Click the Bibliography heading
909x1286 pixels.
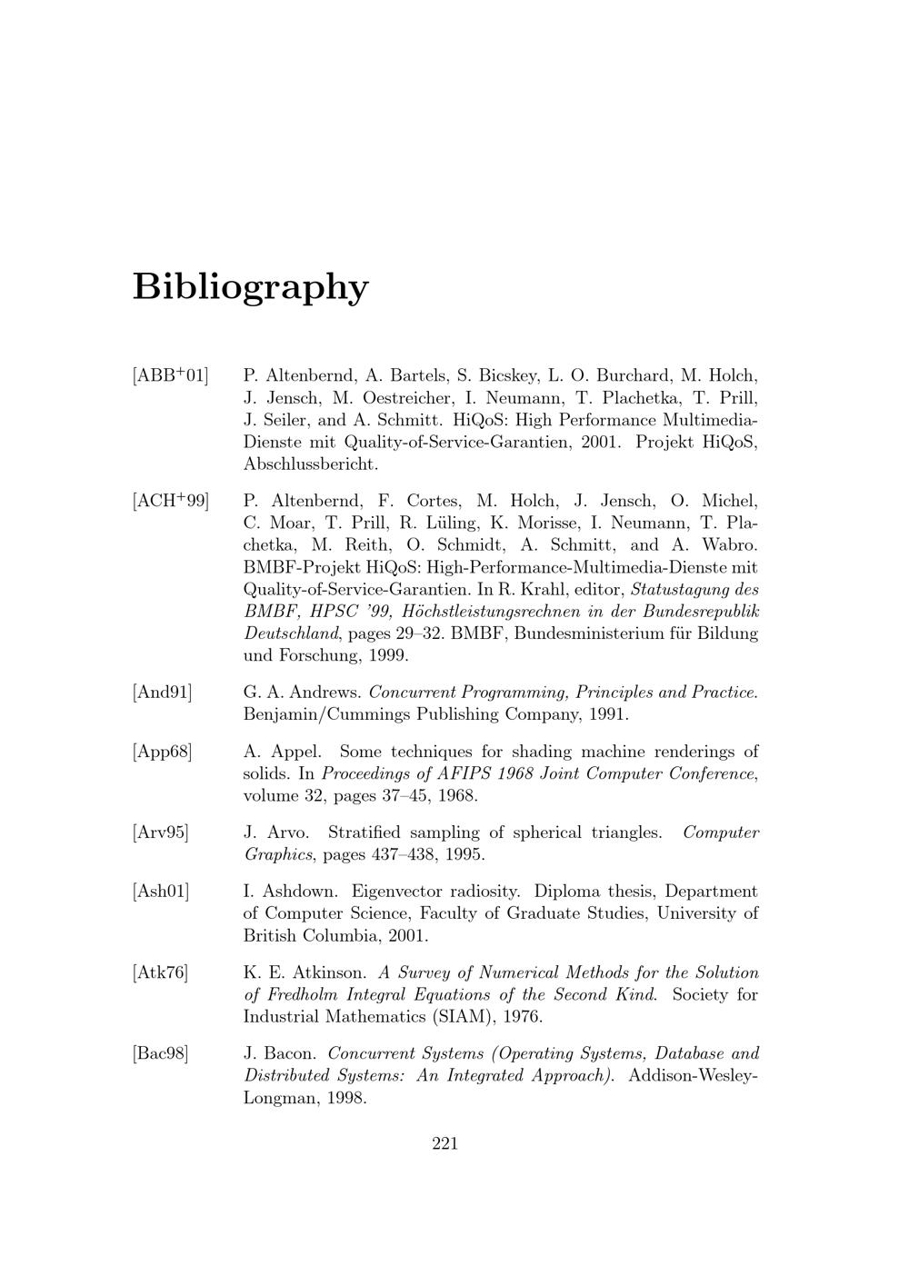[251, 287]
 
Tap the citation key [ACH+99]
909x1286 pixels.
[170, 501]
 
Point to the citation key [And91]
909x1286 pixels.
[163, 693]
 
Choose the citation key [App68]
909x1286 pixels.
[163, 753]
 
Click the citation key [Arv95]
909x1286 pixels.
[161, 833]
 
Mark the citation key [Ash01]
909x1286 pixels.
[161, 892]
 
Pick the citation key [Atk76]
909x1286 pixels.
[161, 973]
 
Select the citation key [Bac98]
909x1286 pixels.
[161, 1054]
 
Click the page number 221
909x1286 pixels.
[445, 1143]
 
